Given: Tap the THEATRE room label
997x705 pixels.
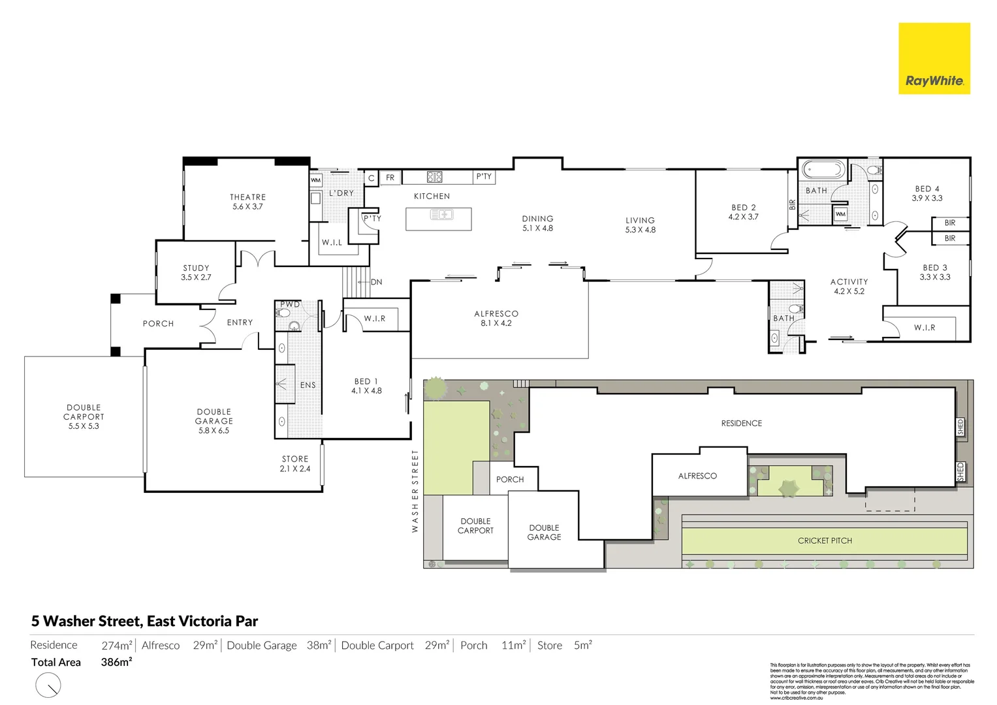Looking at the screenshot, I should tap(247, 197).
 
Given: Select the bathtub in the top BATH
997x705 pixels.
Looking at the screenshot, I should tap(823, 170).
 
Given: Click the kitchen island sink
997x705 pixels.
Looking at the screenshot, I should tap(441, 215).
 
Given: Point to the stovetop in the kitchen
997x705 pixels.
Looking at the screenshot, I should tap(435, 177).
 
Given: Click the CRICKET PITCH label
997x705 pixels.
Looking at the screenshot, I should tap(825, 540).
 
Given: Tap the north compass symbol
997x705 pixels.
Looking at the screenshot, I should tap(48, 685).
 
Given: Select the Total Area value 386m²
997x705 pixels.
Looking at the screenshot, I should tap(116, 662).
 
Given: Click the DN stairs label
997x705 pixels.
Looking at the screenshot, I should tap(377, 282).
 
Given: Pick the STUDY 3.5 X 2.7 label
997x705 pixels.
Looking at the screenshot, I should tap(196, 273).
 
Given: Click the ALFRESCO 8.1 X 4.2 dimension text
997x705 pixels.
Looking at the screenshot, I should tap(496, 323).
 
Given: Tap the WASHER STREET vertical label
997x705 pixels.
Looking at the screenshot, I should tap(415, 491).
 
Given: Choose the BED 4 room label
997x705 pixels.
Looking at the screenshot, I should tap(927, 189).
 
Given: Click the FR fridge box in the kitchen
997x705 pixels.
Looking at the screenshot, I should tap(390, 178).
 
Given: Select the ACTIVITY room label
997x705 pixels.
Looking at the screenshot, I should tap(849, 282).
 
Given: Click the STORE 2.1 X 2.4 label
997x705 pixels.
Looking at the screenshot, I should tap(295, 463).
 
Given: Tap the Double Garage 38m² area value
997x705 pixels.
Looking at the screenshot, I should tap(319, 646).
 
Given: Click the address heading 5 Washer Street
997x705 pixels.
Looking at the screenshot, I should tap(144, 621).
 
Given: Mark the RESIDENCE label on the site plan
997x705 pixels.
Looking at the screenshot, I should tap(741, 423).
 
